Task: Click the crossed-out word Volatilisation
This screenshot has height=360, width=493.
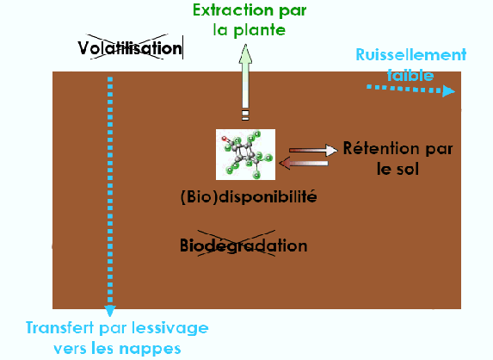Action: pyautogui.click(x=131, y=47)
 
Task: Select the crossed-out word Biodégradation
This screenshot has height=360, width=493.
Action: pyautogui.click(x=243, y=245)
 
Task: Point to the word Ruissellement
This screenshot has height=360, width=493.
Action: pyautogui.click(x=411, y=55)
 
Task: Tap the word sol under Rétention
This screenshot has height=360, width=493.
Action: pyautogui.click(x=408, y=169)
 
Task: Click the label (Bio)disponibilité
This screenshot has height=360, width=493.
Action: pyautogui.click(x=249, y=196)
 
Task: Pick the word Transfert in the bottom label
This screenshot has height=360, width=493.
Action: pyautogui.click(x=57, y=328)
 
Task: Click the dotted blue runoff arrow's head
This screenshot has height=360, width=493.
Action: pyautogui.click(x=448, y=90)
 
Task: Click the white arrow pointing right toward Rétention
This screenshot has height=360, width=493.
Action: pyautogui.click(x=309, y=148)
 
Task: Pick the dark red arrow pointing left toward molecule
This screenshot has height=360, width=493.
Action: pyautogui.click(x=306, y=161)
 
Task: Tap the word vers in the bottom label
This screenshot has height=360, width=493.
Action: pyautogui.click(x=71, y=348)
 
